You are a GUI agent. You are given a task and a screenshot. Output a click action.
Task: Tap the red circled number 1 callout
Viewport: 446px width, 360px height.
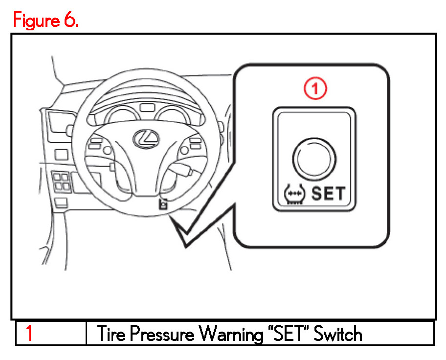coord(315,90)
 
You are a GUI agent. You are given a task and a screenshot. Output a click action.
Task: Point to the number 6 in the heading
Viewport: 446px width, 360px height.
coord(70,20)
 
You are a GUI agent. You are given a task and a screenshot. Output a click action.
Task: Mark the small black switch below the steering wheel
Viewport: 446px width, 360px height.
coord(163,204)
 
